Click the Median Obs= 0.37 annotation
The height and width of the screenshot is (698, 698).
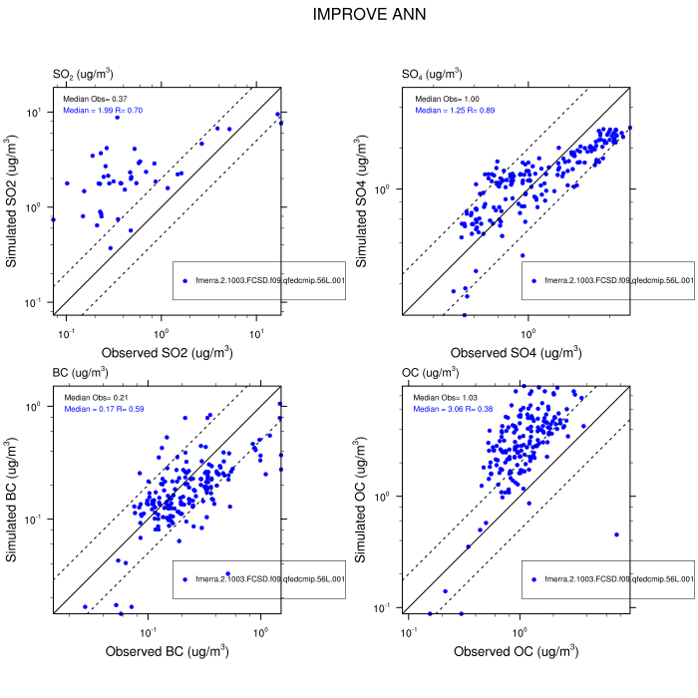96,99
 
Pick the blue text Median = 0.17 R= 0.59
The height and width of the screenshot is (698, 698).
103,409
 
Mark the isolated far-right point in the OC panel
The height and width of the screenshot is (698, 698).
616,534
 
